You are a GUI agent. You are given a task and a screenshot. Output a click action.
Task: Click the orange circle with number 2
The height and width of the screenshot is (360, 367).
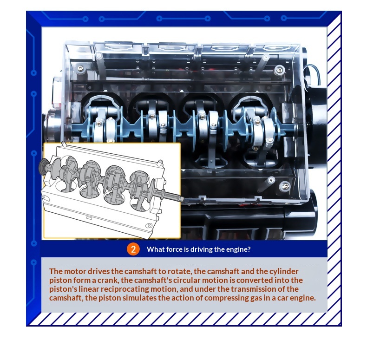(133, 249)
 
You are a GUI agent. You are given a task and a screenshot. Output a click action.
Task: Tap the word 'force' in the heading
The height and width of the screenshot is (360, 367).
(174, 249)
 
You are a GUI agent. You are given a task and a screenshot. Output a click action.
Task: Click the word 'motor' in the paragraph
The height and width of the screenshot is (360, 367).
(75, 271)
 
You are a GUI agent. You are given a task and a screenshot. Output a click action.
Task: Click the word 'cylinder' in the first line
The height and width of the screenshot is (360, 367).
(284, 272)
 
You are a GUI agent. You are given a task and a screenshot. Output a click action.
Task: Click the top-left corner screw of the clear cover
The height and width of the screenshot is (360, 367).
(80, 68)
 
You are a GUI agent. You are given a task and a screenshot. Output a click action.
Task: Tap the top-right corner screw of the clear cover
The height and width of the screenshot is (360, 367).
(279, 70)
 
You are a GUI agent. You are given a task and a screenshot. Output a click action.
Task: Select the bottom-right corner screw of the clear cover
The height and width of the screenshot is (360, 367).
(285, 186)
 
